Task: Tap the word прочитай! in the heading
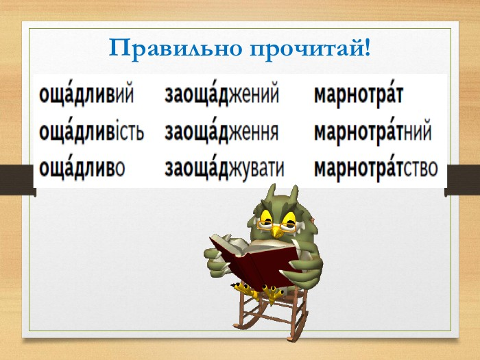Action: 311,49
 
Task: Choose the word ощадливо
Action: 82,167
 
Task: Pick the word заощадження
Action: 221,131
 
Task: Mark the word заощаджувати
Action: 224,168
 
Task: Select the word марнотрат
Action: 359,95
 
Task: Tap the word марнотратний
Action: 373,132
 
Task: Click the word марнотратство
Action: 376,169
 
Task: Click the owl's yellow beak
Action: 277,231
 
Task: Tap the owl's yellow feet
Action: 260,291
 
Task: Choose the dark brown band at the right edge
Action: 462,180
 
